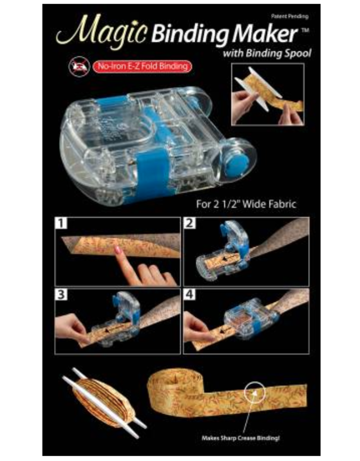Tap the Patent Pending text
tap(290, 16)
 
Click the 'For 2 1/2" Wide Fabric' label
tap(246, 203)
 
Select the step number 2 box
tap(190, 223)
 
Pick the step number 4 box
tap(190, 295)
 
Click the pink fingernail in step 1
tap(118, 249)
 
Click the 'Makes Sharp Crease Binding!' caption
tap(243, 437)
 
